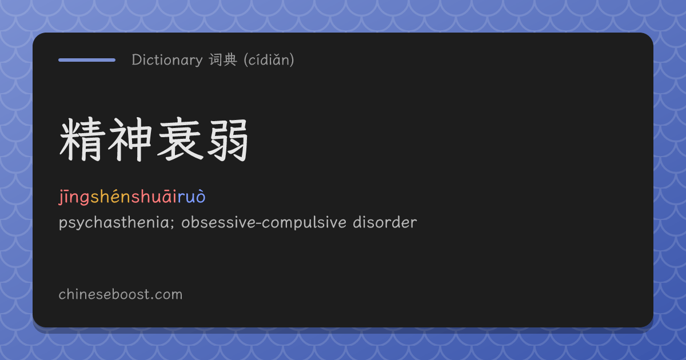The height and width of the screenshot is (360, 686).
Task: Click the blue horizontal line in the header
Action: pos(87,60)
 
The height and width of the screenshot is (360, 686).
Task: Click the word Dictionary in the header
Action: pos(167,60)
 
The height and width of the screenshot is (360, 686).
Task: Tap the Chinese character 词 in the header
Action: pos(216,59)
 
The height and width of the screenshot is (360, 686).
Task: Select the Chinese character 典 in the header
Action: pos(230,59)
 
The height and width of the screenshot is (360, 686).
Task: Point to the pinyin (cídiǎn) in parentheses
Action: pos(269,59)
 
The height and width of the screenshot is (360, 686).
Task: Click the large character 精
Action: pos(82,139)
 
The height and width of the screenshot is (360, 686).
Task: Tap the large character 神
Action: pos(130,139)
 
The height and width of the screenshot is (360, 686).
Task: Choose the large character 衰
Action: pos(181,139)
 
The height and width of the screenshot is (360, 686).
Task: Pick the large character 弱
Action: pos(228,140)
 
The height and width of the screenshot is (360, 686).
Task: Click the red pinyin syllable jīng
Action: pos(74,197)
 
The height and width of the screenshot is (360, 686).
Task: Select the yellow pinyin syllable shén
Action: pos(111,196)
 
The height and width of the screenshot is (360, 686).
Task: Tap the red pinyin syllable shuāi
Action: pos(154,196)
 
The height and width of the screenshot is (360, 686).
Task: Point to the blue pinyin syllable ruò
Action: pos(192,196)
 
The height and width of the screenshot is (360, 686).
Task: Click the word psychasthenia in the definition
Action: pos(114,223)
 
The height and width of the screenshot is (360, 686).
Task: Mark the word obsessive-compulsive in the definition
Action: pos(264,223)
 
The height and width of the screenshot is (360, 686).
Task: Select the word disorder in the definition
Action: pos(385,222)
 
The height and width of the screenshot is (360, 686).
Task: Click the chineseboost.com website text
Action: pos(121,294)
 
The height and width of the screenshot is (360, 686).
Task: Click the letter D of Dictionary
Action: pos(137,59)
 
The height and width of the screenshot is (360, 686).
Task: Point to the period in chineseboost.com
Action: pos(152,299)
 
